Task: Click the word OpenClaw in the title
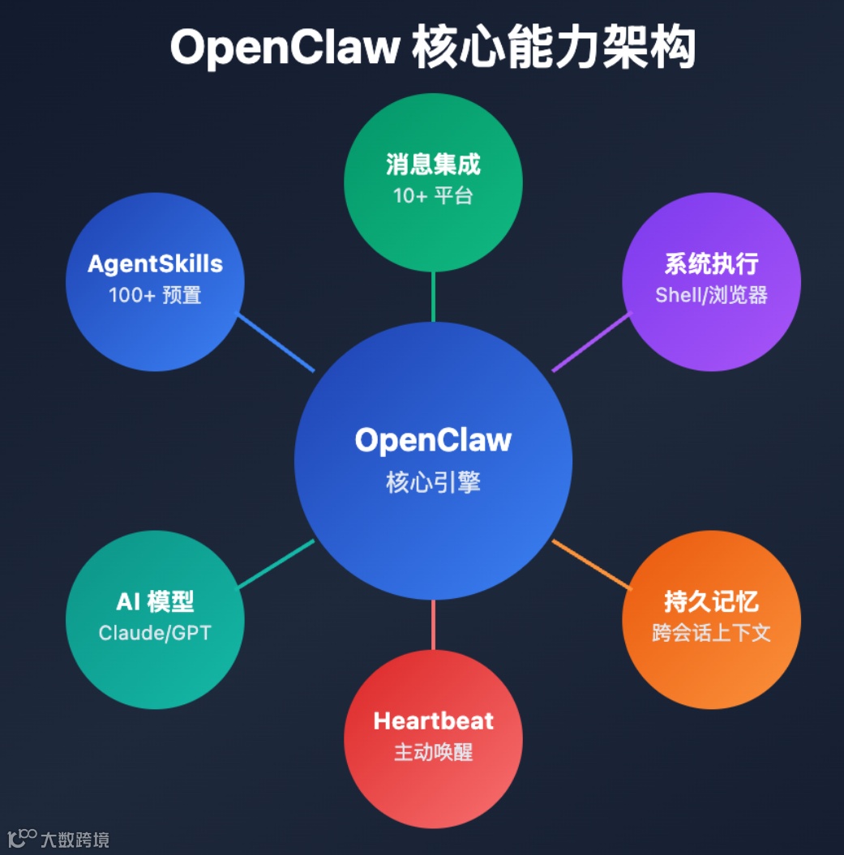[x=284, y=48]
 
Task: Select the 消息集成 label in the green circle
[x=433, y=165]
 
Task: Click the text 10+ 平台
[x=433, y=195]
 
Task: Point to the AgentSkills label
[x=155, y=263]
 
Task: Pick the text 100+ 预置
[x=155, y=294]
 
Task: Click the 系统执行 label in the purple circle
[x=711, y=263]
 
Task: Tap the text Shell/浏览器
[x=711, y=294]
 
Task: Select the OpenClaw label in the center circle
[x=433, y=440]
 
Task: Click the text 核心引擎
[x=433, y=482]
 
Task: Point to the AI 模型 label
[x=155, y=601]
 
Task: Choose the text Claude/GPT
[x=155, y=632]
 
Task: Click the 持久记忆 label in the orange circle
[x=711, y=601]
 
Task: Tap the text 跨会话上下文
[x=711, y=632]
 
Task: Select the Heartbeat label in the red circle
[x=433, y=720]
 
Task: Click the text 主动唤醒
[x=433, y=752]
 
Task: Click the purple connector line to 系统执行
[x=590, y=342]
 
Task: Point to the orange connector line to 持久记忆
[x=590, y=563]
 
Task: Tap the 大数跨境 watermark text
[x=75, y=840]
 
